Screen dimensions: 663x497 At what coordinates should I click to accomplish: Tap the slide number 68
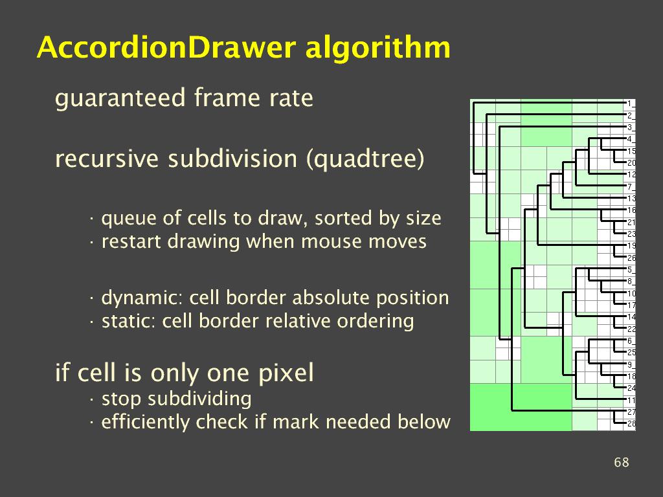[x=621, y=462]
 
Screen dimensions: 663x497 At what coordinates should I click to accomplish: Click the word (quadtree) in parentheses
[x=365, y=159]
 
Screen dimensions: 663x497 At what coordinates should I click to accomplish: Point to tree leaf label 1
[x=629, y=103]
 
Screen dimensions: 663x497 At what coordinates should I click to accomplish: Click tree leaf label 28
[x=631, y=424]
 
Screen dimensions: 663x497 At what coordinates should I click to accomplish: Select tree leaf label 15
[x=631, y=151]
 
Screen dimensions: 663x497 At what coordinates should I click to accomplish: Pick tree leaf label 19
[x=631, y=245]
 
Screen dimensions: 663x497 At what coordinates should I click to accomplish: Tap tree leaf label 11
[x=631, y=400]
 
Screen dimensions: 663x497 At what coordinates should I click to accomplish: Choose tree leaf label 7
[x=629, y=186]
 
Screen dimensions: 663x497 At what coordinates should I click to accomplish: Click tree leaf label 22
[x=631, y=329]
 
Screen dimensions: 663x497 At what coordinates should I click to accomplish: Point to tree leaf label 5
[x=629, y=269]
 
